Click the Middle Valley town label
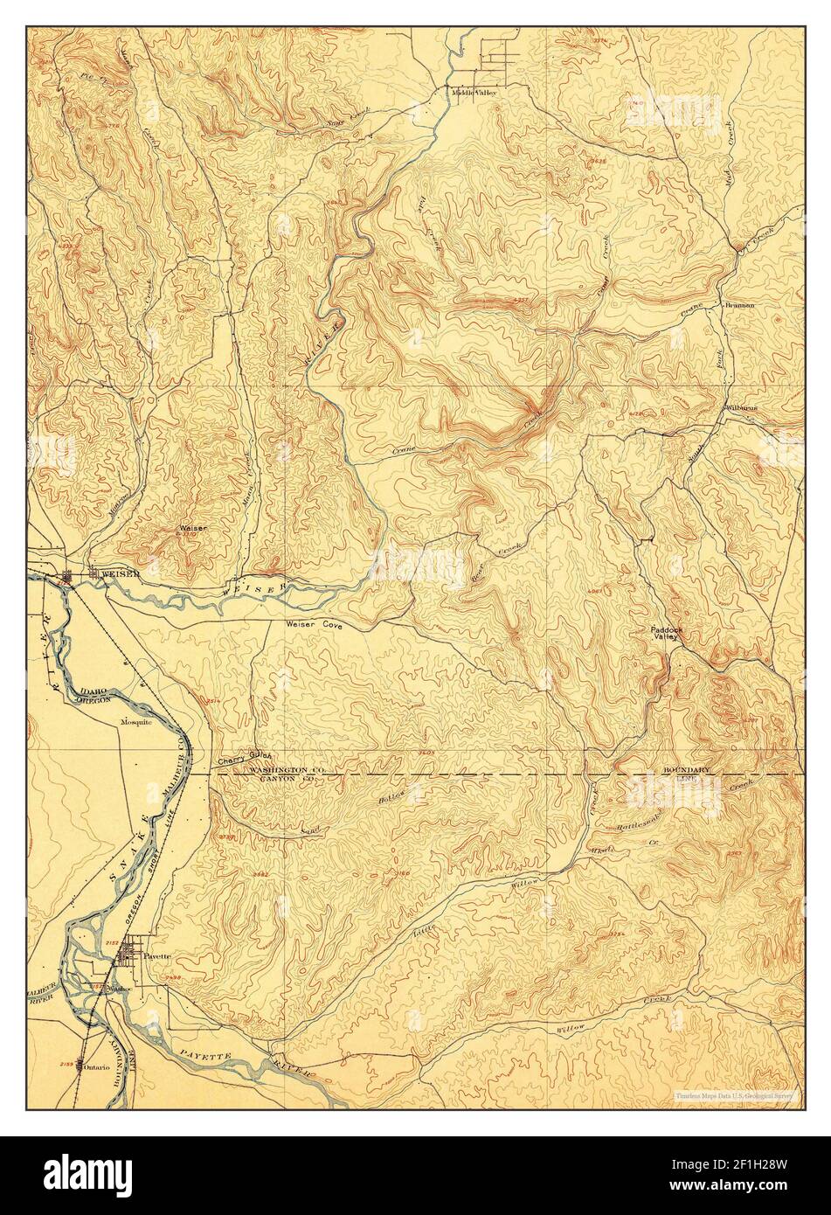pos(473,92)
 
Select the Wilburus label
pos(741,408)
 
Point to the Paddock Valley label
pos(664,633)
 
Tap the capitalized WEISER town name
pos(117,573)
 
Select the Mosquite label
pos(137,723)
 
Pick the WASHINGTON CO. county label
pos(288,767)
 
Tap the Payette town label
pos(157,955)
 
